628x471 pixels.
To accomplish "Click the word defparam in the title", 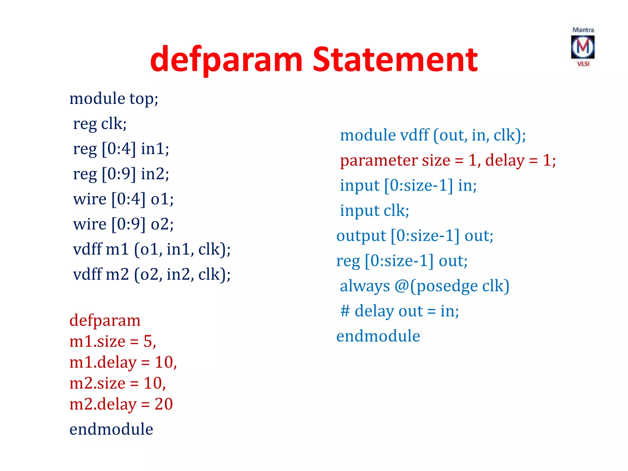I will click(x=226, y=60).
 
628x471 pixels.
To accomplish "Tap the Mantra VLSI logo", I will click(x=583, y=47).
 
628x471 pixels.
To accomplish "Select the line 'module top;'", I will click(x=114, y=99).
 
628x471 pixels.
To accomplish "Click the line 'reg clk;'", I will click(x=100, y=124).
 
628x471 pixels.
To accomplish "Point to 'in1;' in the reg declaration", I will click(x=155, y=149).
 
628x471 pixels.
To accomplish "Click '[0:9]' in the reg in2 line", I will click(x=119, y=174).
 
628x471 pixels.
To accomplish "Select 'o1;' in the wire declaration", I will click(x=162, y=199).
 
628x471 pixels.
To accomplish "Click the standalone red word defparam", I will click(x=105, y=321).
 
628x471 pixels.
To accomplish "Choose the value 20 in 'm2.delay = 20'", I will click(x=164, y=404).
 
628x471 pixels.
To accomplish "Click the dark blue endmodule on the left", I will click(x=111, y=429).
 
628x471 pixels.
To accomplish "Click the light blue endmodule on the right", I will click(x=378, y=336).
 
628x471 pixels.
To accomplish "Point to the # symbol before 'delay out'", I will click(x=345, y=311).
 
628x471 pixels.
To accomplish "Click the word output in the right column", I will click(x=361, y=236).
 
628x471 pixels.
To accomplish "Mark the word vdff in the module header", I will click(x=410, y=136).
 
